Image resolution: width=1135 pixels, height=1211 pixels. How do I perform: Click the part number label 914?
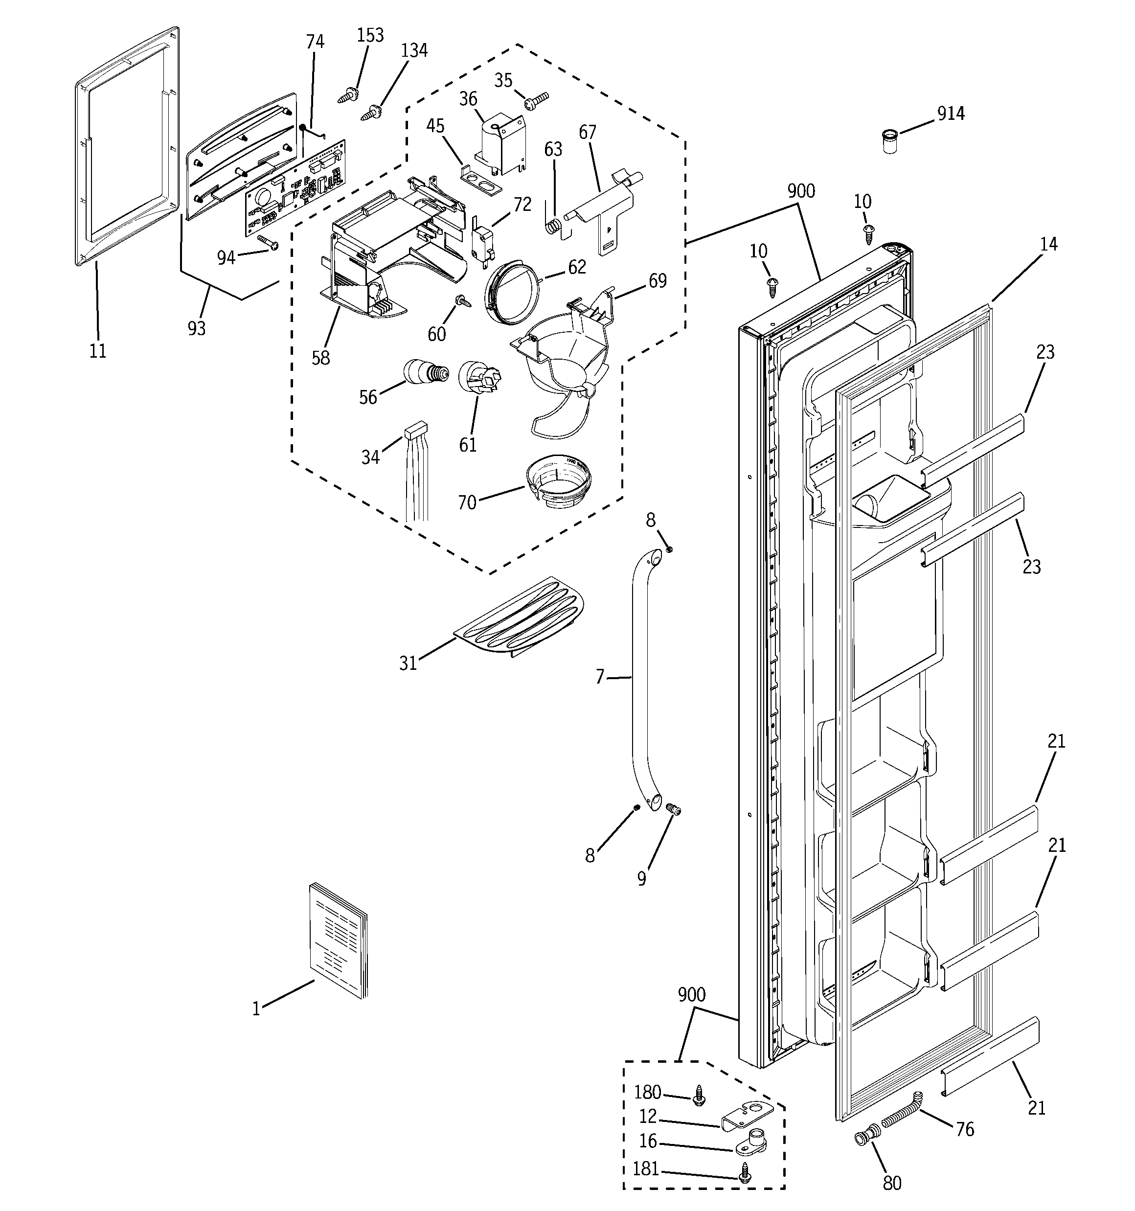coord(951,114)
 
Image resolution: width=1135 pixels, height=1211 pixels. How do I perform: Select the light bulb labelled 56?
coord(425,371)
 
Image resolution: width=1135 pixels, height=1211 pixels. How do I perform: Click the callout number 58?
coord(320,358)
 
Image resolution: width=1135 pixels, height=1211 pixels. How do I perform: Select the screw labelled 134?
coord(373,112)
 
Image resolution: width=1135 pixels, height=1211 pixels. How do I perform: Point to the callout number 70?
coord(467,503)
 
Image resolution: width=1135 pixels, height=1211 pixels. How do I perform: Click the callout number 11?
coord(98,351)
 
